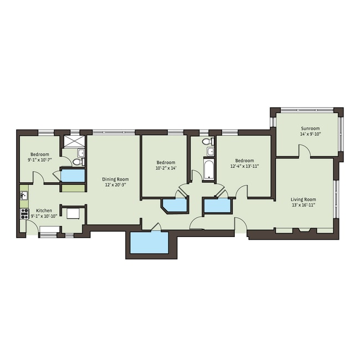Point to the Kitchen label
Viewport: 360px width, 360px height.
pos(44,210)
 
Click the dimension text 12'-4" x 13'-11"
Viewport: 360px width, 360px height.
pos(245,166)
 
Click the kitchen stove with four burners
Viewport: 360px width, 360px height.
pos(24,213)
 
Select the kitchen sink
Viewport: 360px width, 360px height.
pos(24,196)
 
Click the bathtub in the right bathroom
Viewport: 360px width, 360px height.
pos(209,170)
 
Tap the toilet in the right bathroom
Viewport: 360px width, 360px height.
pos(208,142)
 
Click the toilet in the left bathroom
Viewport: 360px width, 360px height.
pos(77,162)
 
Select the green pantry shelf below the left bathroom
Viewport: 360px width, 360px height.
pos(73,187)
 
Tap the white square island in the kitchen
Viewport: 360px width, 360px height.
pos(74,214)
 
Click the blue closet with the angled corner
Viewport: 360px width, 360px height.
pos(175,205)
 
